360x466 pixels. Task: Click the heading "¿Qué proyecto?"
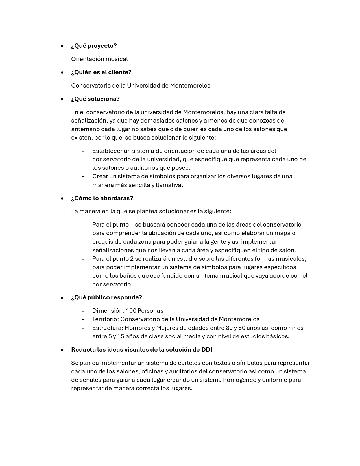(94, 46)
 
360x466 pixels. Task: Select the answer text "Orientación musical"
(99, 59)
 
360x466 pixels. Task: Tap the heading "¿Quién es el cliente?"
(101, 72)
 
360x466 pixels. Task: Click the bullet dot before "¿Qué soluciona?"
(62, 99)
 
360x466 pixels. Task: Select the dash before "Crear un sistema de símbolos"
(83, 177)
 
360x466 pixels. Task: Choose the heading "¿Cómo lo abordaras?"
(102, 198)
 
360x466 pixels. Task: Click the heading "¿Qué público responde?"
(106, 297)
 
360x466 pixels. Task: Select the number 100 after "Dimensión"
(131, 311)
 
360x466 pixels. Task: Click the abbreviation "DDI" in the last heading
(207, 350)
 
